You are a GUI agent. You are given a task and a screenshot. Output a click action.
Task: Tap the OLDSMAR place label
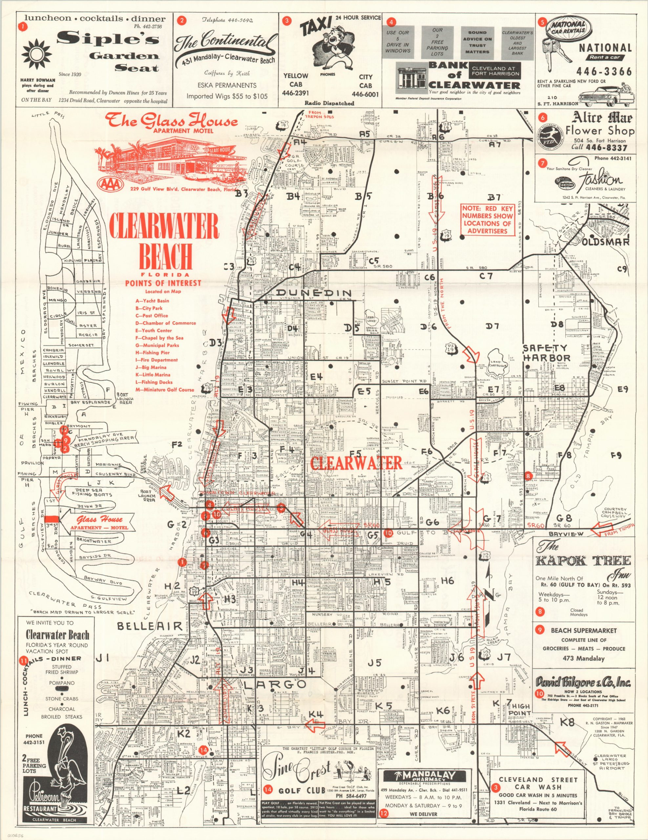(x=605, y=242)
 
